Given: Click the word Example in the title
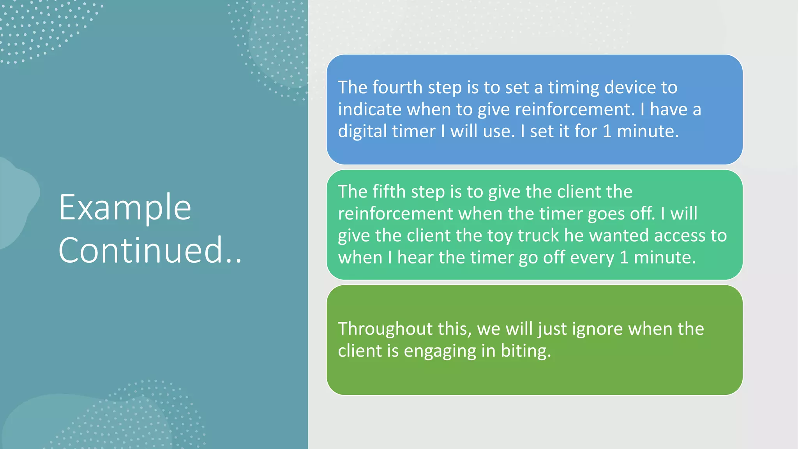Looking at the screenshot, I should (x=125, y=208).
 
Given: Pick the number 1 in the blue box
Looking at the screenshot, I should (x=607, y=131).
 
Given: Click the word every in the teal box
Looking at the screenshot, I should (x=593, y=258).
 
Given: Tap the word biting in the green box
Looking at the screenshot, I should (x=526, y=351).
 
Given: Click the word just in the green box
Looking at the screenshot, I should (x=553, y=329).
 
